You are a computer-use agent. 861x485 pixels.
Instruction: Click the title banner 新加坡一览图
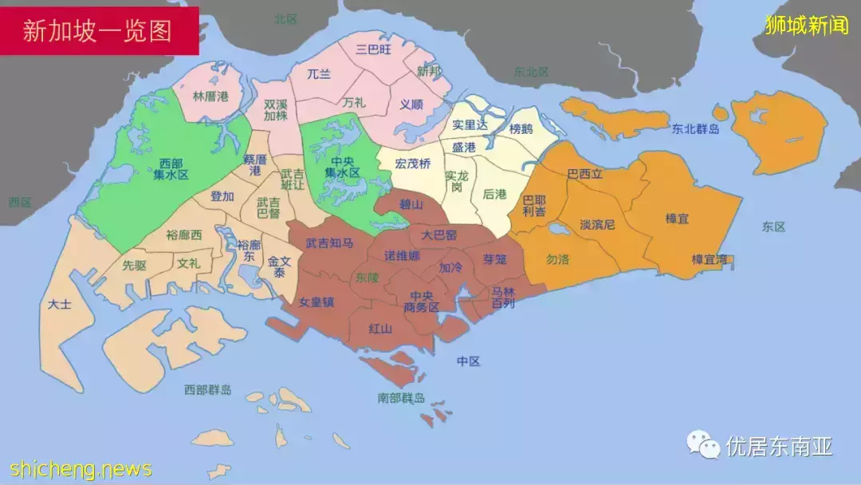(x=98, y=30)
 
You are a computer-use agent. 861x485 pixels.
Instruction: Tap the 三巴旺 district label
(x=373, y=49)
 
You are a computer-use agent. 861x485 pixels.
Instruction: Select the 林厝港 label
(x=210, y=97)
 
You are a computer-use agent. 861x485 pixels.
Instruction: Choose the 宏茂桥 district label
(x=413, y=164)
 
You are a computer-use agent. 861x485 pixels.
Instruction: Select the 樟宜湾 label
(x=709, y=259)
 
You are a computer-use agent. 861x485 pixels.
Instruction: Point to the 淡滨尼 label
(x=597, y=225)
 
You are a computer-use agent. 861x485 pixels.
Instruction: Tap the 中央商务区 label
(x=422, y=302)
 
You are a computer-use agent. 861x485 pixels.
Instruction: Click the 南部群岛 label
(x=401, y=398)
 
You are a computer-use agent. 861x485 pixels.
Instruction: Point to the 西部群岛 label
(x=207, y=389)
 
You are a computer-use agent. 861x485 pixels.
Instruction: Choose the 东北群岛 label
(x=695, y=128)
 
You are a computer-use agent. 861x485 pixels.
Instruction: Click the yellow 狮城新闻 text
(x=806, y=26)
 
